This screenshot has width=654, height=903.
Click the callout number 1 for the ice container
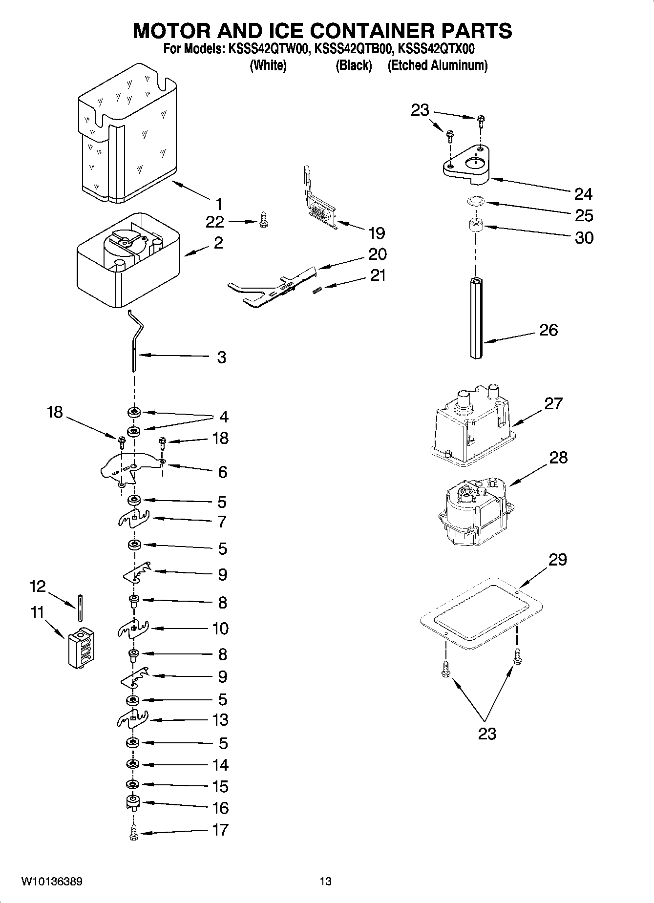point(219,204)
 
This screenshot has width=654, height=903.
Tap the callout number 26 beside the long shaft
point(548,330)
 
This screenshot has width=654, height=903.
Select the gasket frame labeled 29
point(482,614)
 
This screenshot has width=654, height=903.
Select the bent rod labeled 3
point(134,342)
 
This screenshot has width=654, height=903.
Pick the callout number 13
point(221,720)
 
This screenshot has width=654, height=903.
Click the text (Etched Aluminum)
point(437,65)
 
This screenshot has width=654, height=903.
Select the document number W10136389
point(52,882)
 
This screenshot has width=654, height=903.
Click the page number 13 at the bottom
point(325,882)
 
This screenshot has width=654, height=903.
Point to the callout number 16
point(221,808)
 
